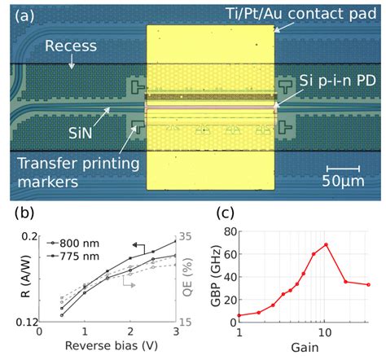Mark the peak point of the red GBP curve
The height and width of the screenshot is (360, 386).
[x=327, y=244]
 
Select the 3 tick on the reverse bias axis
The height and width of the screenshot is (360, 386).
[x=174, y=332]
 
